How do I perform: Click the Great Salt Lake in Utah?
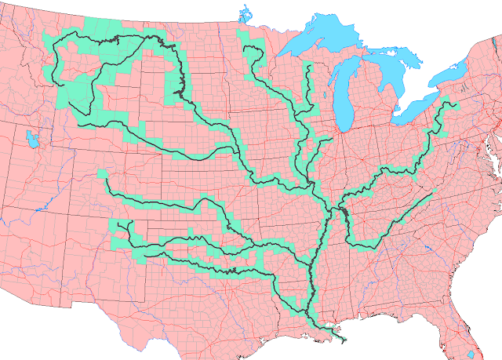(x=32, y=139)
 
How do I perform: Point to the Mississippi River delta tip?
(x=344, y=340)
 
